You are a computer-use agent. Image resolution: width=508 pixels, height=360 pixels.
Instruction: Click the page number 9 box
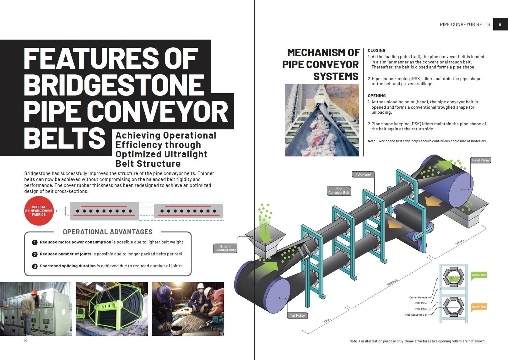[500, 24]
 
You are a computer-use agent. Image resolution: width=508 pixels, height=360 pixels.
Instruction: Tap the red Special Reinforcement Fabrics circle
[39, 211]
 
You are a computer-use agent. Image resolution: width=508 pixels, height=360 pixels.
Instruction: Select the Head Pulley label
[480, 160]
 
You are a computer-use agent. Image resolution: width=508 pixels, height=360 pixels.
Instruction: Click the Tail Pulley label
[297, 315]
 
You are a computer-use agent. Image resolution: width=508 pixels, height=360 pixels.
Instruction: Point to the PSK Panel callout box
[363, 174]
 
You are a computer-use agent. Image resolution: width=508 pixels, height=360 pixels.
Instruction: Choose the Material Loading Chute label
[225, 248]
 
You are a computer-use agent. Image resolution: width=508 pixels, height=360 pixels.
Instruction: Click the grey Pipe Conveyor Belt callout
[338, 191]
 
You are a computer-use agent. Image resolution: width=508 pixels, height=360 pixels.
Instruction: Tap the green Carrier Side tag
[479, 275]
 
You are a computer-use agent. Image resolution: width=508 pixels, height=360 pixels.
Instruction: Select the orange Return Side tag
[479, 307]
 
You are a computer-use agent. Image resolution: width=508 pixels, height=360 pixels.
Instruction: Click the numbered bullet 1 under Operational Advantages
[35, 242]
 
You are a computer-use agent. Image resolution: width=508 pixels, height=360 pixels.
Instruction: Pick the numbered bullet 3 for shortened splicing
[35, 266]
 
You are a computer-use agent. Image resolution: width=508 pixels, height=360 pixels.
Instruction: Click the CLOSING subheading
[376, 50]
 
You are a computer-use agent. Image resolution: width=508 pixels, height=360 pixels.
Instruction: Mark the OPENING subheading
[376, 95]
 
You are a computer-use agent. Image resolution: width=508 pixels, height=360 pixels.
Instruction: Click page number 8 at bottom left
[25, 341]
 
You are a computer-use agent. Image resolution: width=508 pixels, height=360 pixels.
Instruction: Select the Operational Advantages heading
[108, 232]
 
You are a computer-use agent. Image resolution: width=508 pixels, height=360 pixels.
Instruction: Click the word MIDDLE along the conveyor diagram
[392, 282]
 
